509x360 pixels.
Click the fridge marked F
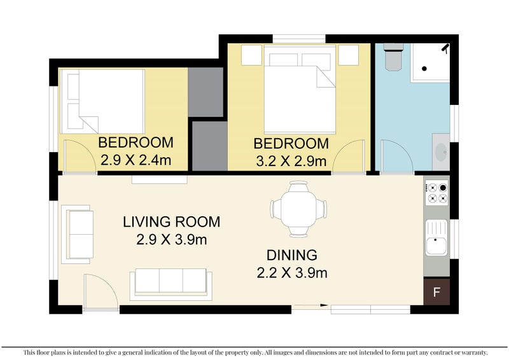(x=436, y=292)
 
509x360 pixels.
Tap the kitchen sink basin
(x=436, y=246)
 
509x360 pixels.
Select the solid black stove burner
(x=443, y=188)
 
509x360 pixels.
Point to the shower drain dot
(x=424, y=69)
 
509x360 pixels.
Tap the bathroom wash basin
(x=441, y=152)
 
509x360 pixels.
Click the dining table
(x=298, y=209)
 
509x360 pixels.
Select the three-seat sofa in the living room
(x=171, y=284)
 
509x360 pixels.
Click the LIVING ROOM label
(x=171, y=222)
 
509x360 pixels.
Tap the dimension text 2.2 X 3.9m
(x=292, y=273)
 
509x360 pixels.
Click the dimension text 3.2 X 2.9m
(x=291, y=162)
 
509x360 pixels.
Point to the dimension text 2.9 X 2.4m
(x=136, y=160)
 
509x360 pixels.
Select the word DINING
(x=292, y=256)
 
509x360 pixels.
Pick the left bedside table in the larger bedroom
(x=251, y=55)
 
